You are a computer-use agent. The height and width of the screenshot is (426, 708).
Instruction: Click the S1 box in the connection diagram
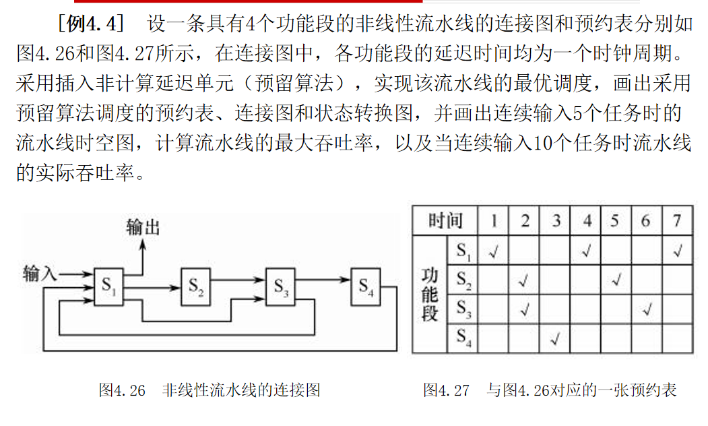click(110, 287)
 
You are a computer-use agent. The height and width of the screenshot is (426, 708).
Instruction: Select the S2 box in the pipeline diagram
click(196, 287)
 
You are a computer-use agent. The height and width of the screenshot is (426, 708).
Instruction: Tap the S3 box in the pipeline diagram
click(282, 287)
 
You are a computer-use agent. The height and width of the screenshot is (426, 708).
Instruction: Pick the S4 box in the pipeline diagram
click(366, 287)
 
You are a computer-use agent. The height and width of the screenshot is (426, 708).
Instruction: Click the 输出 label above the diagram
click(143, 227)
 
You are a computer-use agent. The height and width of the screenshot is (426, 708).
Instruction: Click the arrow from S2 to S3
click(239, 277)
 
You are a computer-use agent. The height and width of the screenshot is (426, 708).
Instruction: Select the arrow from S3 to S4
click(324, 277)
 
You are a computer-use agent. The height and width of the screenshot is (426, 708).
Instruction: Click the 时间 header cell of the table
click(445, 221)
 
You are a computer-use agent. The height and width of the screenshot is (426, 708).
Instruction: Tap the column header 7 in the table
click(676, 221)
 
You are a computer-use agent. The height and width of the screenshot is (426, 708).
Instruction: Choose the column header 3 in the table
click(555, 221)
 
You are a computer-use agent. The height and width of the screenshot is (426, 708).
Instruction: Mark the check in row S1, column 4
click(586, 251)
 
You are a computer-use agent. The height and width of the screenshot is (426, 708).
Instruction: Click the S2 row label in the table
click(463, 280)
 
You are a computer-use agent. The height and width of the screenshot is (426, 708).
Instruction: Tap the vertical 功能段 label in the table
click(430, 295)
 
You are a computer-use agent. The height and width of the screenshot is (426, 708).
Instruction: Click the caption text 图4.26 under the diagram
click(122, 390)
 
